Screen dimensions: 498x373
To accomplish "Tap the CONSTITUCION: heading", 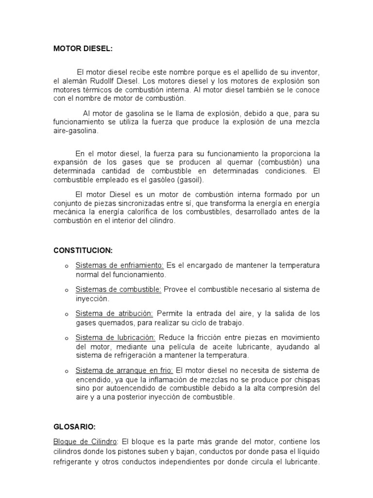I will (x=83, y=250).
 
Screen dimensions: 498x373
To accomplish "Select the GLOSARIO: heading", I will (x=74, y=427).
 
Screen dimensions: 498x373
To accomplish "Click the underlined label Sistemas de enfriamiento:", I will (x=120, y=266).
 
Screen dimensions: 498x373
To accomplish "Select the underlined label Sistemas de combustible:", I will (x=119, y=289).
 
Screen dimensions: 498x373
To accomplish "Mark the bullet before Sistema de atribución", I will (x=66, y=315).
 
